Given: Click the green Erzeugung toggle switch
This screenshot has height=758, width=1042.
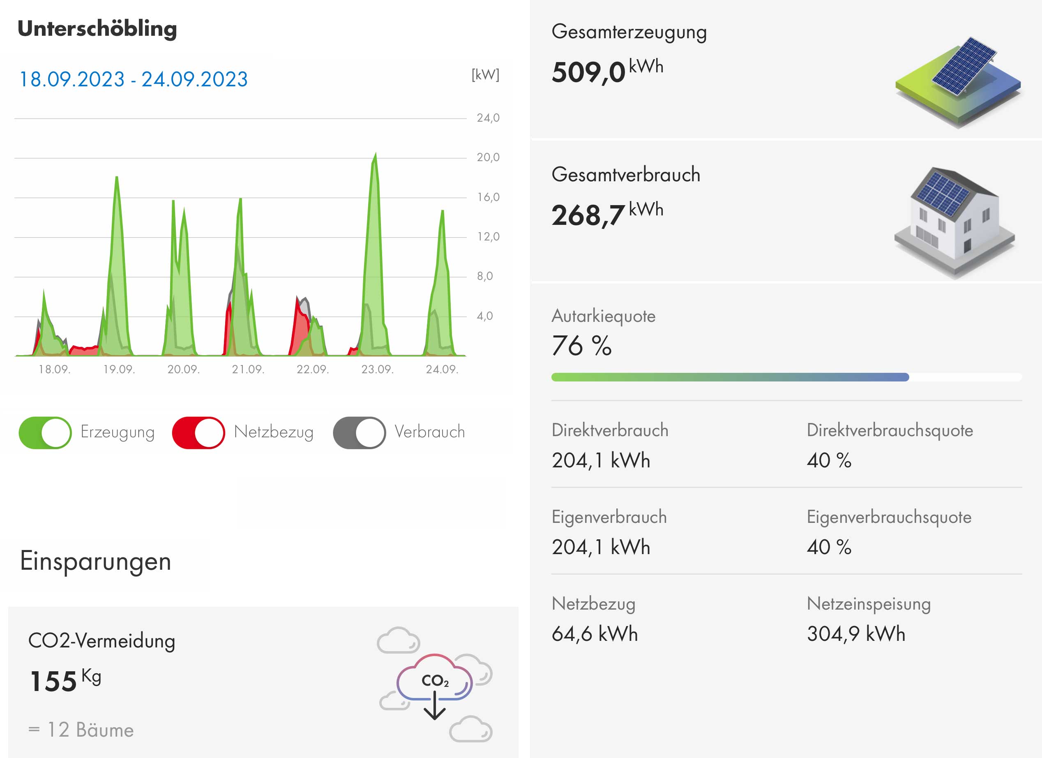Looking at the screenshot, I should point(45,432).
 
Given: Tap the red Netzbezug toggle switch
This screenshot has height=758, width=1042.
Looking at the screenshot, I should point(198,432).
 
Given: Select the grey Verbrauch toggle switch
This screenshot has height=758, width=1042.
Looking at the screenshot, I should point(359,432).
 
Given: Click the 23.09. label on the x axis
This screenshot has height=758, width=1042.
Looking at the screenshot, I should point(377,370).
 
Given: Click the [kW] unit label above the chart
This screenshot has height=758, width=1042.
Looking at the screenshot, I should point(485,74).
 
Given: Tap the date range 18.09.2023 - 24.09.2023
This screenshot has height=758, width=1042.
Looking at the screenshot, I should point(133,79).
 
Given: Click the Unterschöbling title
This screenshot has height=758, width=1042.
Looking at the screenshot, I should point(97,29).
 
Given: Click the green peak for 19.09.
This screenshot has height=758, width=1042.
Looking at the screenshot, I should point(117,184).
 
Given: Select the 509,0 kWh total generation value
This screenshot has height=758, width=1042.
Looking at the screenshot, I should point(606,71).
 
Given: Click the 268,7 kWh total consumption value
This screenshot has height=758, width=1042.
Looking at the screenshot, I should point(606,214).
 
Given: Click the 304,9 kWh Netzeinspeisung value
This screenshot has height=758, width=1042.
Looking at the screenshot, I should point(856,634).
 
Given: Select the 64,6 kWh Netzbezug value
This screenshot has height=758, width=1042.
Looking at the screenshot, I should point(595,634).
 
